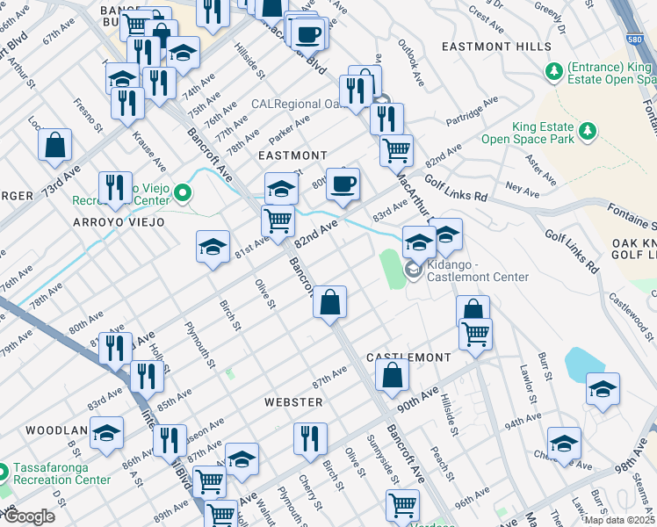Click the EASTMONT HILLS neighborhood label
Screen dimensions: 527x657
coord(496,47)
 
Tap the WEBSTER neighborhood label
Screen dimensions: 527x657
coord(293,401)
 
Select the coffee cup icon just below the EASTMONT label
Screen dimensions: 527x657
coord(343,184)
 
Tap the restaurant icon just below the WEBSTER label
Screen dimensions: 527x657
coord(309,438)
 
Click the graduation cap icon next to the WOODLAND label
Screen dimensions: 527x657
coord(107,434)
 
